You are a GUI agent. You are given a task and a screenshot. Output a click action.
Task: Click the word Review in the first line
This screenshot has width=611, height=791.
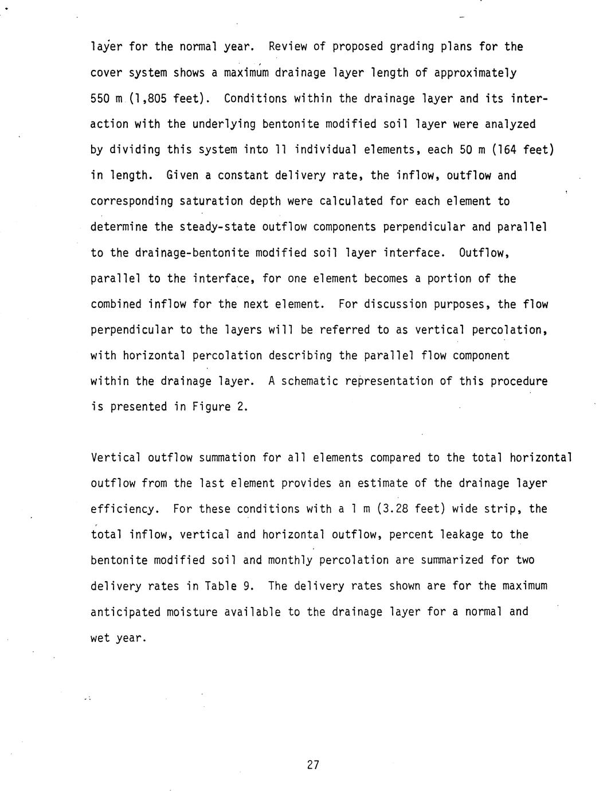[x=287, y=47]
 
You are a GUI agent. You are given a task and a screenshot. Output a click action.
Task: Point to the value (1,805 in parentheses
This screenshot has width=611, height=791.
[x=147, y=99]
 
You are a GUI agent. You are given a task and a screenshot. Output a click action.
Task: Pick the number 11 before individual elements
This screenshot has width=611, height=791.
[x=281, y=150]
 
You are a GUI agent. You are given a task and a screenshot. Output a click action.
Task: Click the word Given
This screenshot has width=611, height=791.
[x=182, y=176]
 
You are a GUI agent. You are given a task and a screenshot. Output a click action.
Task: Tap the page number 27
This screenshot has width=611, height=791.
[x=312, y=765]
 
